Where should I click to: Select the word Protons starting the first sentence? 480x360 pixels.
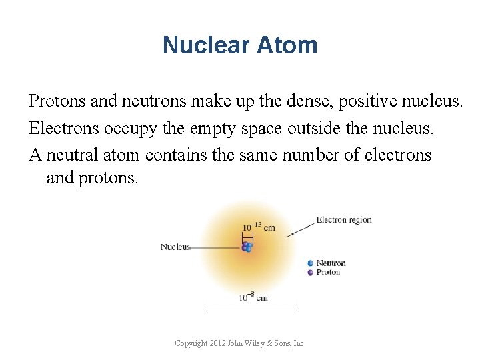(56, 101)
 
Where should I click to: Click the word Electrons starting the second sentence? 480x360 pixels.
(61, 128)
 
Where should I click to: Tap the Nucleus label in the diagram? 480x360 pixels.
(175, 247)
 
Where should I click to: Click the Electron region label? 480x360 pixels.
(343, 220)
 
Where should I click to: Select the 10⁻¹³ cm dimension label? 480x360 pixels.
(258, 227)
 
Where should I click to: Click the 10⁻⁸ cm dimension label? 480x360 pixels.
(253, 297)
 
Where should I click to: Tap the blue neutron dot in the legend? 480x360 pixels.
(310, 263)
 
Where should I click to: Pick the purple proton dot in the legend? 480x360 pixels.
(310, 273)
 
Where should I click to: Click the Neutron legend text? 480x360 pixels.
(331, 263)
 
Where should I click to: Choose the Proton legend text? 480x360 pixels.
(328, 273)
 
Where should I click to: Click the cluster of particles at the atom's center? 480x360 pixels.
(247, 247)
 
